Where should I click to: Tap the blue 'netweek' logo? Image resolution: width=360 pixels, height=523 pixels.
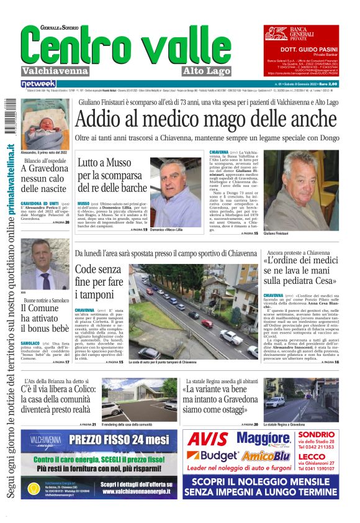tap(38, 84)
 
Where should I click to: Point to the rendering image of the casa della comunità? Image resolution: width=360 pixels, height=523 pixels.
tap(138, 400)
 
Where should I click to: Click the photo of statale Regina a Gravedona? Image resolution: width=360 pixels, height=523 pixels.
tap(302, 400)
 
